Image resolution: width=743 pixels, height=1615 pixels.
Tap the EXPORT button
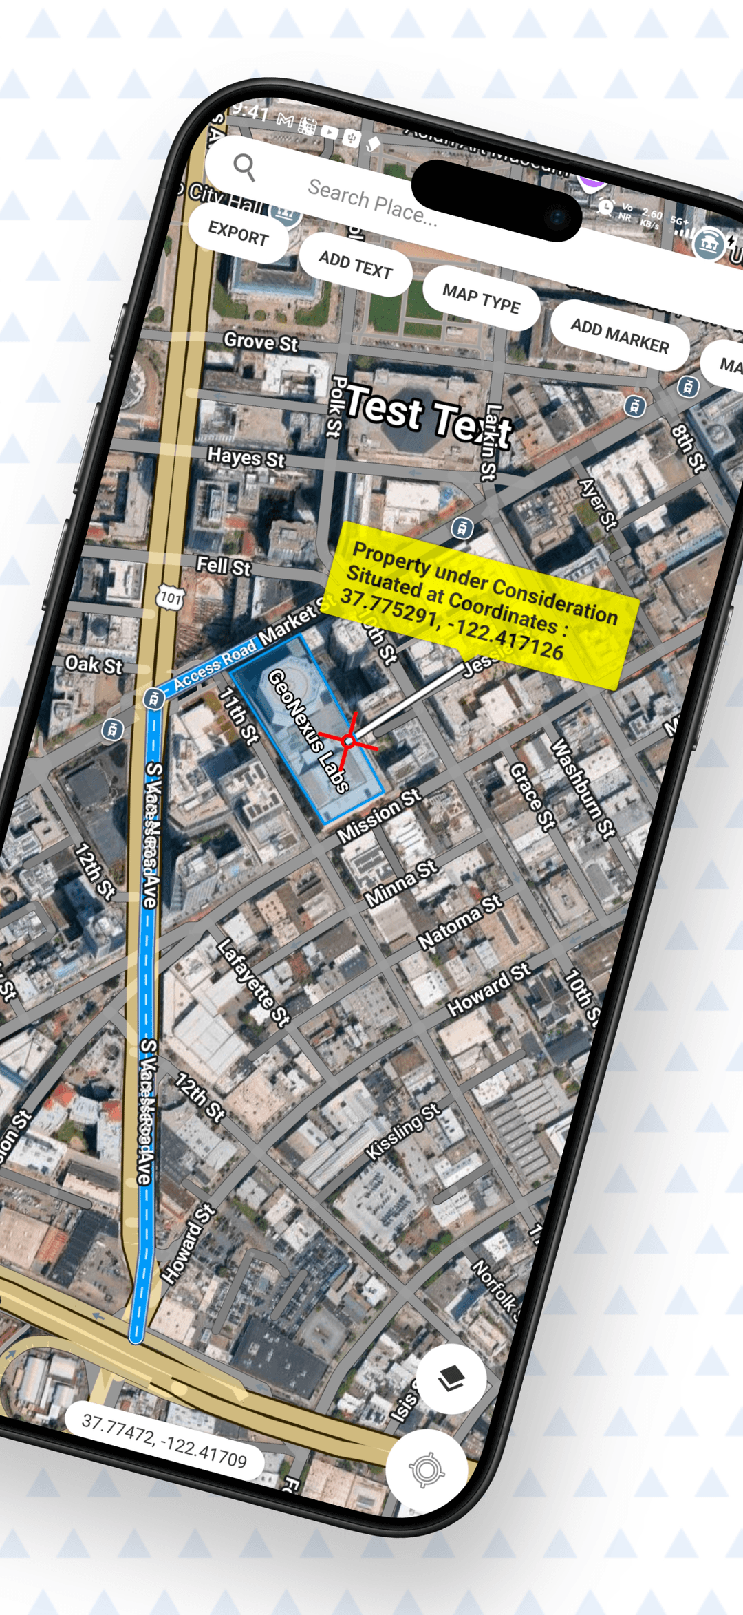(x=238, y=233)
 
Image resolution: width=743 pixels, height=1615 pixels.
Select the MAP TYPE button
(x=481, y=298)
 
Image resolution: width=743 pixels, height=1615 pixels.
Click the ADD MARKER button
(x=619, y=335)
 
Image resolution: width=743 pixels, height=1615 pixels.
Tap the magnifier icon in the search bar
(x=244, y=167)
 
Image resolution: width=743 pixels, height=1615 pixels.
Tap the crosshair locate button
(x=427, y=1470)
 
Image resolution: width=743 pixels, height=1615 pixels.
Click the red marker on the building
(x=349, y=741)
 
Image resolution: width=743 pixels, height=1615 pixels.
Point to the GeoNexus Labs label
(x=308, y=731)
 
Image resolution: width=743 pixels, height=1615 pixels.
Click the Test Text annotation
(x=427, y=416)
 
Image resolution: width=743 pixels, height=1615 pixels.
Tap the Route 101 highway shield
(x=170, y=597)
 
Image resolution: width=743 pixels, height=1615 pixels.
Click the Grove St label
(x=261, y=341)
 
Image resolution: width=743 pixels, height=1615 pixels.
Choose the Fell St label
(x=224, y=566)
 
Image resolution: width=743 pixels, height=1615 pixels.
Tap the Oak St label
(x=94, y=665)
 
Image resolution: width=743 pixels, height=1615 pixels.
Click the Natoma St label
(x=460, y=923)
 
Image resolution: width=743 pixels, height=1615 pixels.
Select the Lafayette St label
(x=253, y=983)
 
